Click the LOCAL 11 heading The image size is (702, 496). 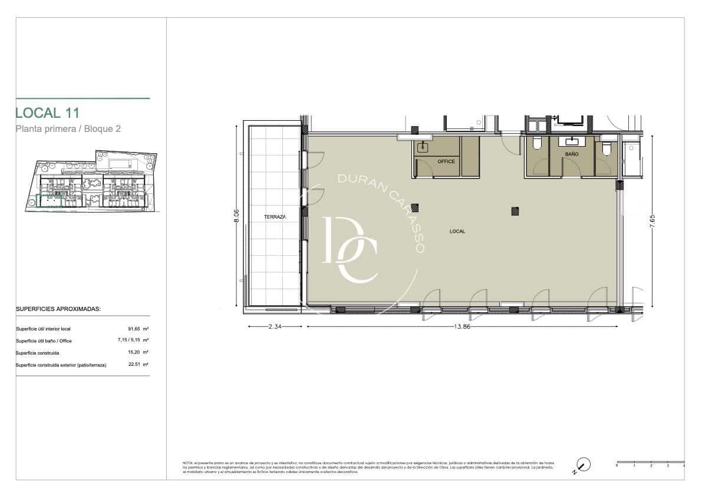(x=47, y=113)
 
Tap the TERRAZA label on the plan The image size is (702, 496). (x=275, y=217)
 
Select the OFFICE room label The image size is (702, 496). (x=446, y=161)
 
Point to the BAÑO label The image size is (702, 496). (x=571, y=154)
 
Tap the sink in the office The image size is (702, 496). (x=422, y=147)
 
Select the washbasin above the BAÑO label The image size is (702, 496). (x=572, y=141)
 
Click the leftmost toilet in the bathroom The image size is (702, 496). (x=536, y=145)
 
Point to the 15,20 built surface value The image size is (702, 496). (x=135, y=353)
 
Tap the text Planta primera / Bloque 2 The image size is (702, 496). (x=68, y=129)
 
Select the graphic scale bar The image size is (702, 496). (x=650, y=462)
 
